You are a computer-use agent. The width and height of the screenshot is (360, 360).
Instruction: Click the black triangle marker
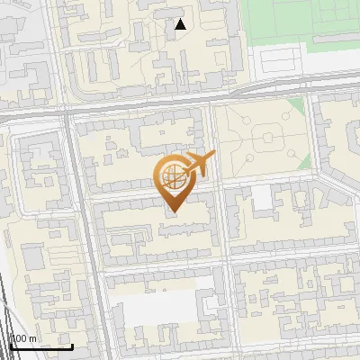pos(181,24)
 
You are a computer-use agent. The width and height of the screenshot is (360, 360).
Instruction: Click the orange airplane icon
pos(199,165)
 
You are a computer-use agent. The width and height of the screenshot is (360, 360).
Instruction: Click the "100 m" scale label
pos(23,338)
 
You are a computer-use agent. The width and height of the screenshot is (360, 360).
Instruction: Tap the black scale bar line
pos(40,346)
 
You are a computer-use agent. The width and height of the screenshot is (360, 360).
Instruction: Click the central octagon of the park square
pos(267,139)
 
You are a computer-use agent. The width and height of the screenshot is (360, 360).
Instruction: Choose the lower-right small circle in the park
pos(289,159)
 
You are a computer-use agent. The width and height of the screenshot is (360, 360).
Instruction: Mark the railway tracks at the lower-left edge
pos(7,315)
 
